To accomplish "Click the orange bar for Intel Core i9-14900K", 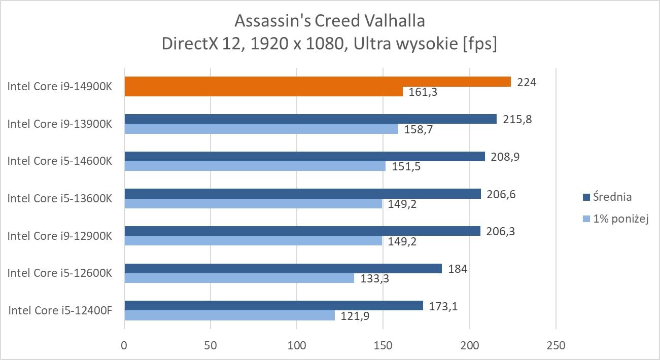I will tap(317, 82).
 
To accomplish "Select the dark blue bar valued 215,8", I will tap(310, 119).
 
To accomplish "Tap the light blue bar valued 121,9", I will tap(229, 315).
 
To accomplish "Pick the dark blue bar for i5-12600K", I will tap(283, 268).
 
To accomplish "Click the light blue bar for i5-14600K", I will tap(255, 166).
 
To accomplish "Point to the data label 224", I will tap(526, 81).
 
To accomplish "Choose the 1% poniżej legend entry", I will tap(615, 219).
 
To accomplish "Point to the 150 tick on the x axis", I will tap(383, 346).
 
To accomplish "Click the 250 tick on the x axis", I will tap(555, 346).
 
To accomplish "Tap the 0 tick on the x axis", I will tap(124, 346).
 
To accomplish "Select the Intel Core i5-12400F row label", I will tap(60, 310).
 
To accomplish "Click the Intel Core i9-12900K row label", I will tap(59, 236).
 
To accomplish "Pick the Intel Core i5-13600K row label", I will tap(59, 198).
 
